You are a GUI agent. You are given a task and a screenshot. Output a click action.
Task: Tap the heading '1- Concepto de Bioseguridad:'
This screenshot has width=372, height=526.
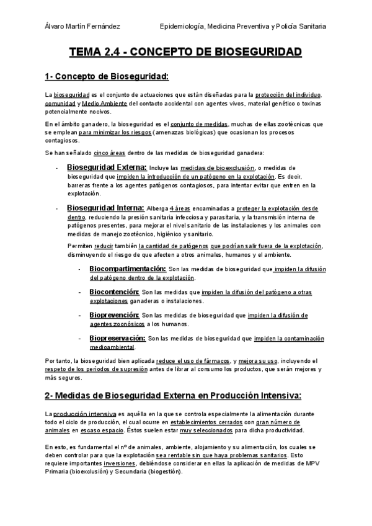click(107, 77)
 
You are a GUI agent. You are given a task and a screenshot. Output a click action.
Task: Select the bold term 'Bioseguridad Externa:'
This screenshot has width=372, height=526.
click(106, 167)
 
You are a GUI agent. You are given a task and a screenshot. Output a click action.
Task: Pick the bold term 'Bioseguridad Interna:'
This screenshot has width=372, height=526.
click(105, 208)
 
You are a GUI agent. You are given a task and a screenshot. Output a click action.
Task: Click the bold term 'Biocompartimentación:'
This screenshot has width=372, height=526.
click(128, 269)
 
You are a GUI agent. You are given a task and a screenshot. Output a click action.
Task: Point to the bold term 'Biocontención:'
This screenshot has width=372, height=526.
click(114, 292)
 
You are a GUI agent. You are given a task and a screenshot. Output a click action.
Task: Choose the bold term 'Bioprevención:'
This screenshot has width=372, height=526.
click(115, 315)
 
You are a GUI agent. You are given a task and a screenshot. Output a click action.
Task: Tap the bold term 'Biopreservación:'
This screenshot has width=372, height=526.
click(117, 338)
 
